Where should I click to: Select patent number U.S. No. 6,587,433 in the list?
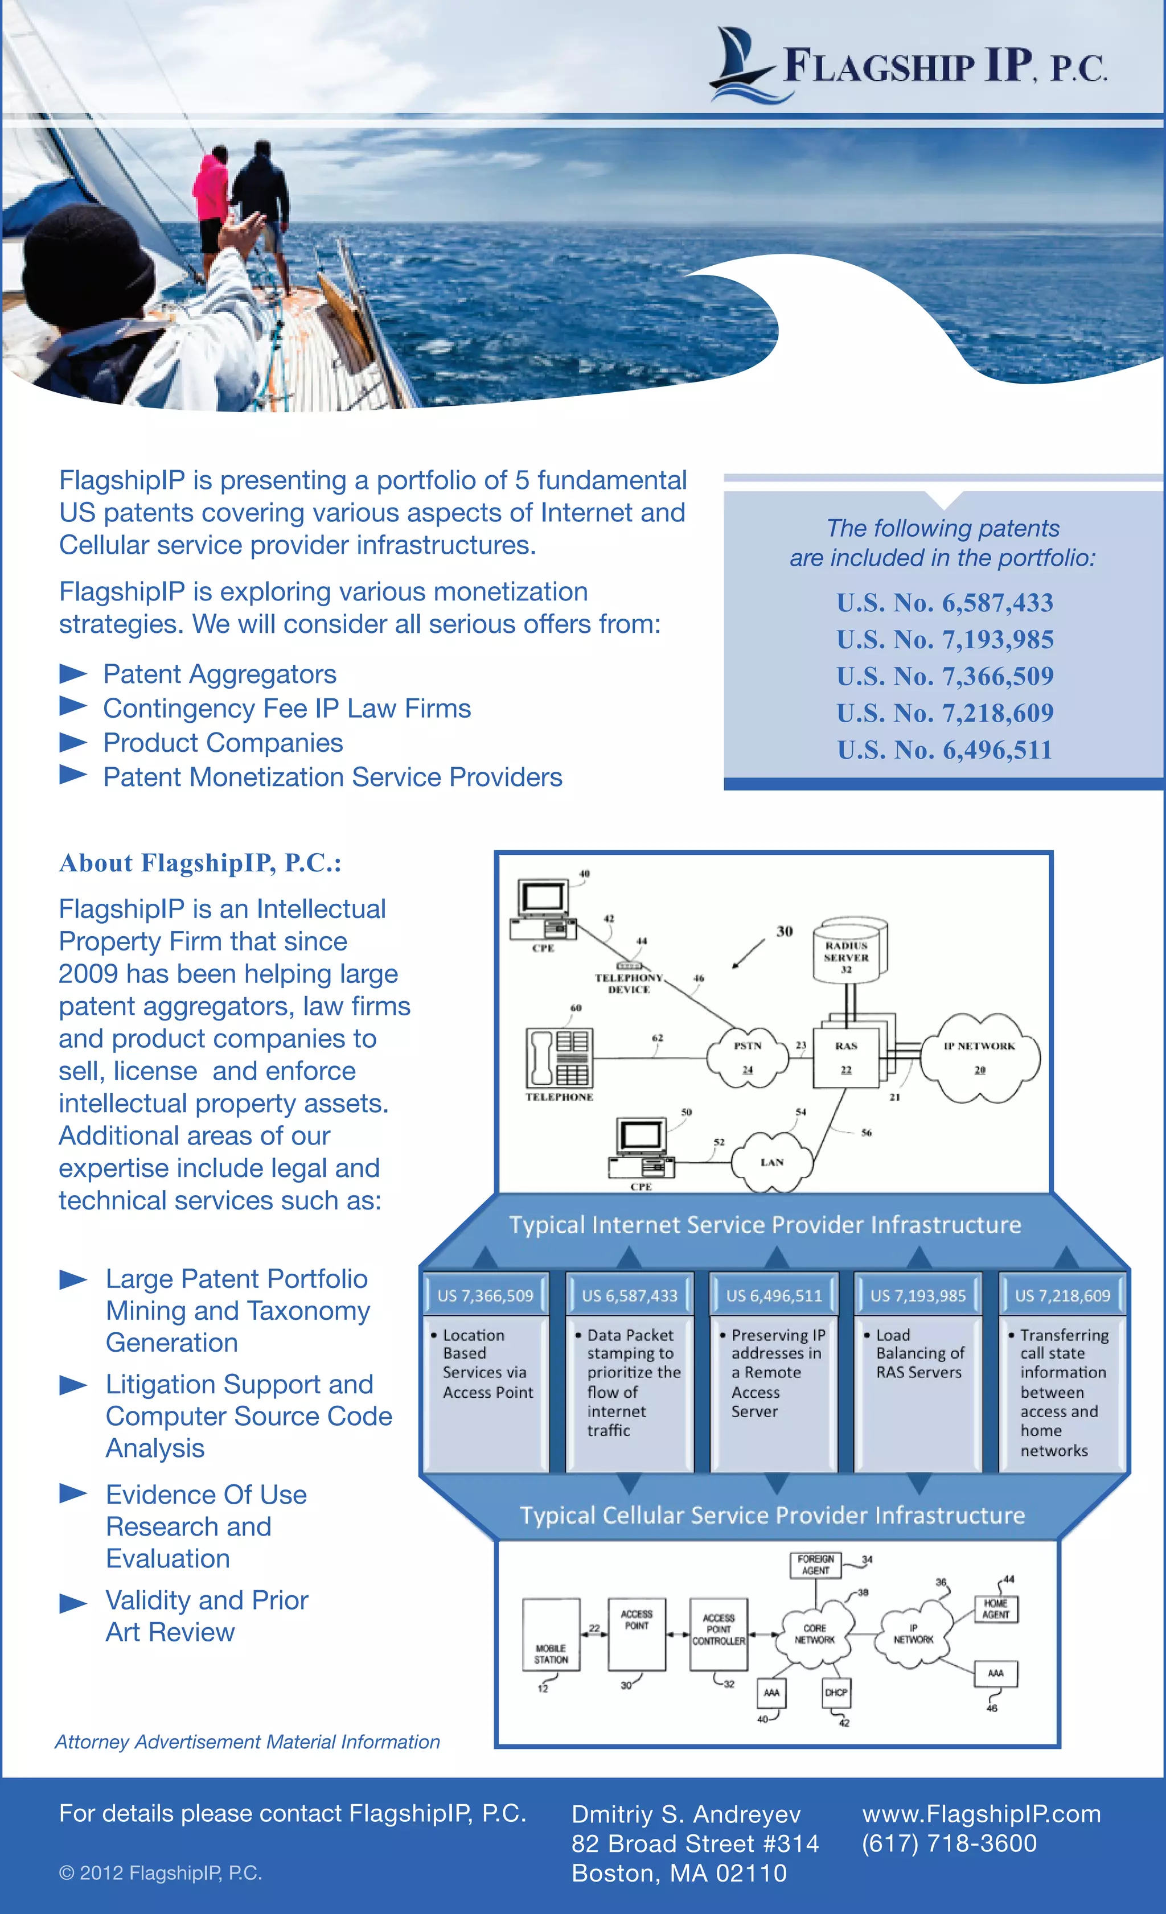[x=945, y=603]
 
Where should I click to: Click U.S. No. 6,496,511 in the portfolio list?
[x=945, y=750]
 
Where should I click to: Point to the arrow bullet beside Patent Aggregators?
[x=73, y=673]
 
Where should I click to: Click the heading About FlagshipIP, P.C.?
[x=200, y=863]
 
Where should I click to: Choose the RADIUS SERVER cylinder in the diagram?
[x=848, y=952]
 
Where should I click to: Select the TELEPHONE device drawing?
[x=559, y=1058]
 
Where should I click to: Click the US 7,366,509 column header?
[x=486, y=1296]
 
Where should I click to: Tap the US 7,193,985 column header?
[x=918, y=1296]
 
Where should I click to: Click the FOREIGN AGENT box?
[x=816, y=1565]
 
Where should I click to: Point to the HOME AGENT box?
[x=995, y=1609]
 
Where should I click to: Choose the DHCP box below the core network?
[x=836, y=1692]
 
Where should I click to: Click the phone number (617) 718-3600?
[x=949, y=1843]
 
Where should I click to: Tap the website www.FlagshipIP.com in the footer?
[x=981, y=1814]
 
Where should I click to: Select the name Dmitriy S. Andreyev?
[x=686, y=1814]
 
